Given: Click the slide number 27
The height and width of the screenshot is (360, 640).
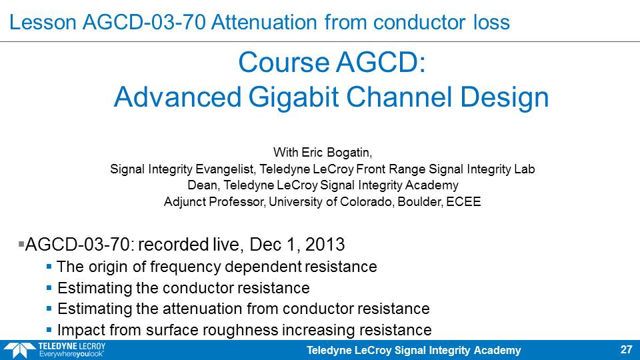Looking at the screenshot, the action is tap(626, 349).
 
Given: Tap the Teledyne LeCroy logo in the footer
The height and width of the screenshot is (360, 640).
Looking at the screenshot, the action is tap(55, 350).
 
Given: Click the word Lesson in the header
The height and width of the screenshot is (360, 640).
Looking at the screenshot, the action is tap(43, 22).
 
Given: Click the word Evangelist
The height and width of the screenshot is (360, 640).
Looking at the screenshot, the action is tap(226, 169).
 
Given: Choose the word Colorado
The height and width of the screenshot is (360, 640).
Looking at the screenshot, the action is tap(366, 201).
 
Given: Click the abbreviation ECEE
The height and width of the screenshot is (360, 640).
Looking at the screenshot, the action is tap(463, 201).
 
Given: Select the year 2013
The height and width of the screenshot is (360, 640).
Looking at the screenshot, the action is tap(325, 245).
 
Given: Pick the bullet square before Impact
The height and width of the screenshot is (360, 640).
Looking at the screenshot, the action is tap(49, 329).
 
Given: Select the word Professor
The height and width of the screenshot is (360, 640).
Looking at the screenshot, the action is tap(236, 201).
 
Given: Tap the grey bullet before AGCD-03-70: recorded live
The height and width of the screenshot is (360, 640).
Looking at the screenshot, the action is tap(21, 244).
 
